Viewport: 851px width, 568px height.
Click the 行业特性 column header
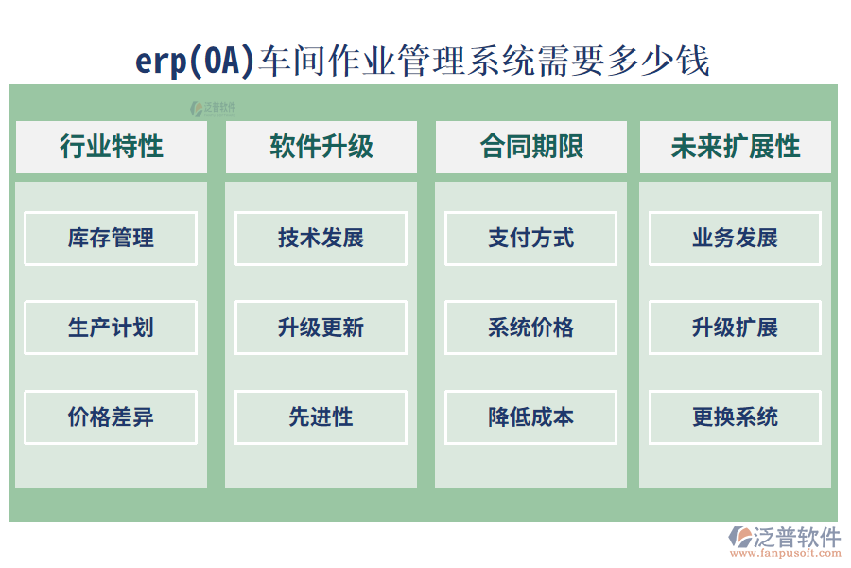click(111, 147)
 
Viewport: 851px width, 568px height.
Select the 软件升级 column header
click(321, 147)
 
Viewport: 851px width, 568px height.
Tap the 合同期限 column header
click(530, 147)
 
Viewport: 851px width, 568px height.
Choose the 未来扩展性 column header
click(735, 147)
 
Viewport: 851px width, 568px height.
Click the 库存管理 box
click(111, 239)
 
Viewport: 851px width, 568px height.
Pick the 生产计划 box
click(111, 328)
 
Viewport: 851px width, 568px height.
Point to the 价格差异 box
click(111, 417)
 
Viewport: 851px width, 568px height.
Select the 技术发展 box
click(321, 239)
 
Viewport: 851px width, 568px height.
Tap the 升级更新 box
click(321, 328)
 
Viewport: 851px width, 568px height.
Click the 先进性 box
click(321, 417)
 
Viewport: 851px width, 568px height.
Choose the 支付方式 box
click(530, 239)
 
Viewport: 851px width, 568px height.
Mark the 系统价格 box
click(530, 328)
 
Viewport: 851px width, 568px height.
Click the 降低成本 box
click(530, 417)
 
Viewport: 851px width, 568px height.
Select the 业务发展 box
click(735, 239)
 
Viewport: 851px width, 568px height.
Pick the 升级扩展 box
click(735, 328)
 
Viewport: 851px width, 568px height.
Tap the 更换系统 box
click(735, 417)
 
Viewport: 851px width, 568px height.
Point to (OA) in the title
click(221, 62)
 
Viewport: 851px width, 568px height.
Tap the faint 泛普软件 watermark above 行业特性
click(214, 108)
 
